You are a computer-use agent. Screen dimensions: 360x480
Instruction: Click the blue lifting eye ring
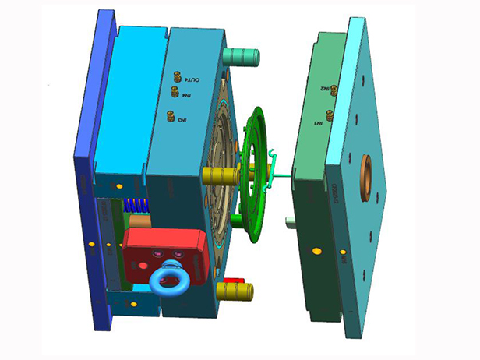click(166, 280)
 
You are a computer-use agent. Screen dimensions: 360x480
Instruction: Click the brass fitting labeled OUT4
click(178, 77)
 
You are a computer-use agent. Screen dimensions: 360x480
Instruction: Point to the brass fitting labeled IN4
click(175, 92)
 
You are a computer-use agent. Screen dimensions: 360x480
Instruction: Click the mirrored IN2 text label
click(323, 90)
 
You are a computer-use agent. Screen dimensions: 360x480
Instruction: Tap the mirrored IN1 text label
click(319, 123)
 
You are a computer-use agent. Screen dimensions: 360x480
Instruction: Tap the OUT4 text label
click(195, 79)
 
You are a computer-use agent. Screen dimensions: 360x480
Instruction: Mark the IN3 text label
click(182, 120)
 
